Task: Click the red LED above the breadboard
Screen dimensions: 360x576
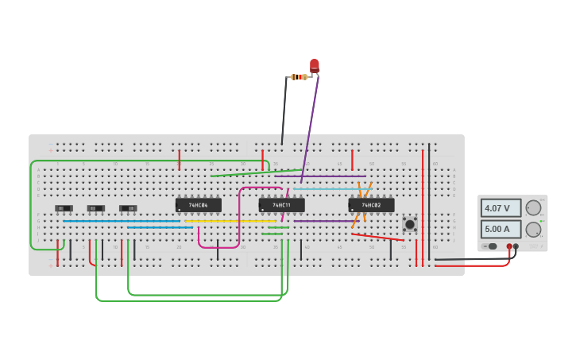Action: pos(315,65)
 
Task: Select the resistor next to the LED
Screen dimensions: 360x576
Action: pos(299,77)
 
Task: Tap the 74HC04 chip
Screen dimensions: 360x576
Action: pos(199,205)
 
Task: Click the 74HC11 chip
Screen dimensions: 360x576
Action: pos(281,205)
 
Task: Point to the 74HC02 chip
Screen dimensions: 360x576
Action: pos(371,205)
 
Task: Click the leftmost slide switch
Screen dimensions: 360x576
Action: pos(64,208)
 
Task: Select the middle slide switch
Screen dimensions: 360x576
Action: pos(96,208)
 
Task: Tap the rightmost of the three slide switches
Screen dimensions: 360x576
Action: pos(128,208)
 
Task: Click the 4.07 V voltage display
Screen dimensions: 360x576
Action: pos(501,208)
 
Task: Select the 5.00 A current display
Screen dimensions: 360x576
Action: pos(501,229)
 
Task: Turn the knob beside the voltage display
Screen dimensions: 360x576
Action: pos(533,207)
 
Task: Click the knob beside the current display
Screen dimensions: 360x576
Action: pos(533,229)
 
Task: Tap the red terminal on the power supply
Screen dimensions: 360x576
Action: pos(509,246)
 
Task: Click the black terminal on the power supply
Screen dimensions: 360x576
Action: pos(516,246)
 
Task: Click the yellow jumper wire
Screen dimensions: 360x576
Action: pos(230,221)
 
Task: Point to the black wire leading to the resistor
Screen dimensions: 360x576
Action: pos(284,111)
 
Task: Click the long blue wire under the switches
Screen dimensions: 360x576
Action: pos(119,221)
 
